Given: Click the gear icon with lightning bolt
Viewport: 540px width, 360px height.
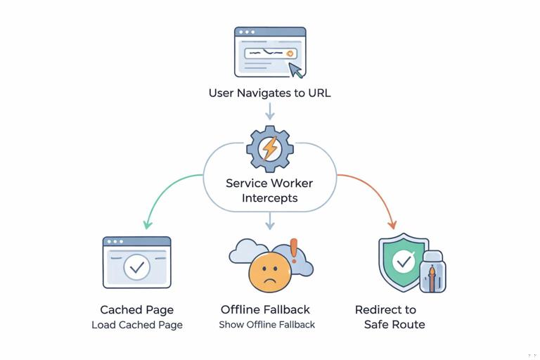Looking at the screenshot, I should [x=269, y=148].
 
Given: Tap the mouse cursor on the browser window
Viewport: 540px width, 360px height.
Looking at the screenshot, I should [x=296, y=70].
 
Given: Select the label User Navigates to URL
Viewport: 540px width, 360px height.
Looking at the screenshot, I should [x=269, y=93].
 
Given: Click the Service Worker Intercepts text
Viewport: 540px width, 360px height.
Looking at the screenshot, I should [x=269, y=191].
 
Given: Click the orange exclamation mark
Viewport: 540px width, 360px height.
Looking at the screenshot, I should [x=294, y=250].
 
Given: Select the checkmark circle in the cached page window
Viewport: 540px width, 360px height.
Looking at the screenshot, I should [x=136, y=267].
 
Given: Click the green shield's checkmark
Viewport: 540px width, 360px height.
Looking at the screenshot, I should [x=403, y=262].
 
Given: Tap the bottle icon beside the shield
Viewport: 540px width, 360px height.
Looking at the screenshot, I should [x=431, y=272].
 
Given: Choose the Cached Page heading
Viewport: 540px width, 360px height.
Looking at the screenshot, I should [x=136, y=310].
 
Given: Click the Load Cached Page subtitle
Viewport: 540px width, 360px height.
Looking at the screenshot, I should [x=136, y=325].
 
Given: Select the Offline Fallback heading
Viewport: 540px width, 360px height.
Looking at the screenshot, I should [x=265, y=309].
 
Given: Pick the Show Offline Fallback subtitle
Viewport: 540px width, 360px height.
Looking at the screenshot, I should [x=266, y=325].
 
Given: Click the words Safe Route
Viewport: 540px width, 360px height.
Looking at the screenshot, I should [x=394, y=324].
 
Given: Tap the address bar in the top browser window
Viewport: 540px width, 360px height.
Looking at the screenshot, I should [x=270, y=53].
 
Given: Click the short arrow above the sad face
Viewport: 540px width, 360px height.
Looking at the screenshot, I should [x=269, y=222].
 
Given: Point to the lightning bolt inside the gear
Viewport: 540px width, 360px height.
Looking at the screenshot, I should [x=269, y=149].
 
